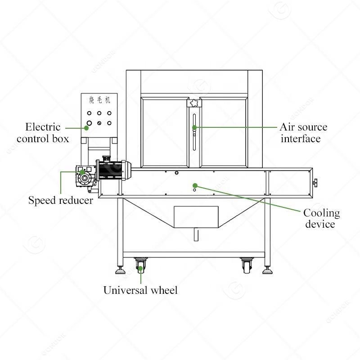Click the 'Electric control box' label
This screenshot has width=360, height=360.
point(43,133)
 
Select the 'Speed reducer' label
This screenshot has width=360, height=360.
point(61,200)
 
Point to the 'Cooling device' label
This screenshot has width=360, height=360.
point(321,218)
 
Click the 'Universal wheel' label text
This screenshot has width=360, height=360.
point(140,290)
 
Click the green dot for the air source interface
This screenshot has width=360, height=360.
point(194,127)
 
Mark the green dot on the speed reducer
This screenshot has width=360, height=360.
point(82,172)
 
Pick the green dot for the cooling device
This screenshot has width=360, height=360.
point(194,185)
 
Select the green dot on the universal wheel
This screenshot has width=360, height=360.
point(140,269)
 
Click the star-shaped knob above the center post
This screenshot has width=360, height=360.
point(194,103)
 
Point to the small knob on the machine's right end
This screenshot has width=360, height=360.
point(316,184)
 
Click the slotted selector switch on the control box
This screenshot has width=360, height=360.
point(99,123)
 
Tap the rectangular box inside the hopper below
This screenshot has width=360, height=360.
point(196,217)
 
